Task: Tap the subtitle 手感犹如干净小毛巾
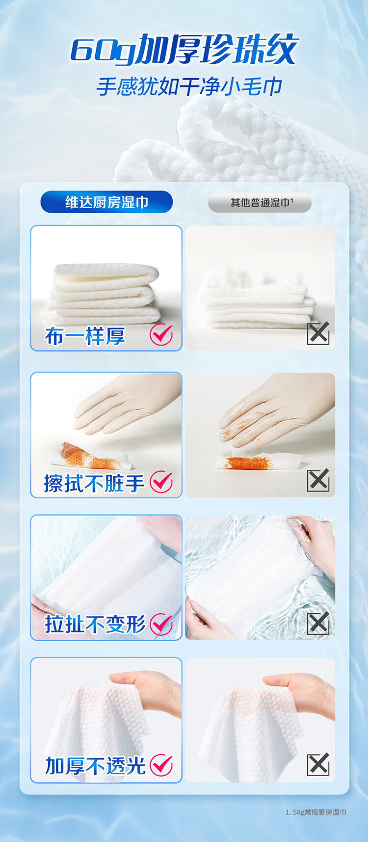(x=189, y=87)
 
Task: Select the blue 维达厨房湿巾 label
(x=106, y=202)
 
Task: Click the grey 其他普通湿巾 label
(x=260, y=202)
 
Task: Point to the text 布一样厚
(x=85, y=336)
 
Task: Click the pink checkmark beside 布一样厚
(x=161, y=335)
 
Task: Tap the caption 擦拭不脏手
(x=94, y=483)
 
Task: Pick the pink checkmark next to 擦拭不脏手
(x=161, y=482)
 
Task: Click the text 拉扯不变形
(x=95, y=625)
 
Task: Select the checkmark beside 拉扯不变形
(x=161, y=624)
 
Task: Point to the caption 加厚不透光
(x=95, y=766)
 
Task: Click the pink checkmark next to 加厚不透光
(x=161, y=765)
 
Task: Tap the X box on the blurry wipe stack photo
(x=318, y=334)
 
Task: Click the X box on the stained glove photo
(x=318, y=480)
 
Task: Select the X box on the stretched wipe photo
(x=318, y=623)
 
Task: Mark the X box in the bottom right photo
(x=318, y=764)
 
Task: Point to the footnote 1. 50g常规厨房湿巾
(x=316, y=813)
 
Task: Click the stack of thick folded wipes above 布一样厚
(x=104, y=294)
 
